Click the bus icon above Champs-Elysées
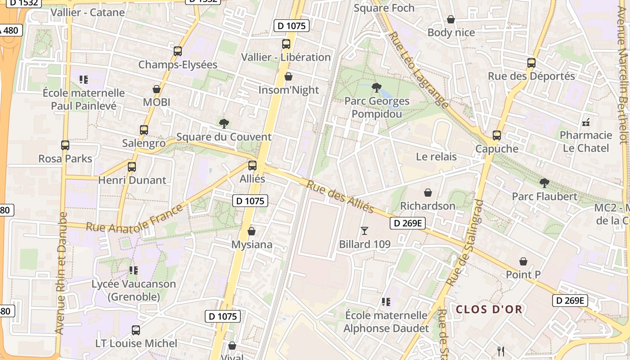click(x=178, y=51)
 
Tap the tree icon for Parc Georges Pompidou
click(x=377, y=87)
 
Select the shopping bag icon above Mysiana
click(x=252, y=231)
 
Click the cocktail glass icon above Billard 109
click(x=364, y=231)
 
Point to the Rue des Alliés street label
click(x=340, y=197)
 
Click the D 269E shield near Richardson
click(x=407, y=223)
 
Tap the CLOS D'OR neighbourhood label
click(x=489, y=310)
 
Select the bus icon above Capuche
click(x=497, y=135)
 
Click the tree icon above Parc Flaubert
click(x=544, y=183)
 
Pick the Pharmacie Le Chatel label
click(x=586, y=141)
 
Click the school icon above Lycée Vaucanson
click(x=133, y=270)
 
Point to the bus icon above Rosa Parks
click(x=65, y=145)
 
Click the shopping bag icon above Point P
click(x=523, y=261)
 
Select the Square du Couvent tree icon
click(x=224, y=123)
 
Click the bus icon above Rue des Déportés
click(x=531, y=63)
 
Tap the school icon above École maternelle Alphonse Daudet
click(x=386, y=301)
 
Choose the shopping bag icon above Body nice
click(x=451, y=19)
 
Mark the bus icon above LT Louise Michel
click(x=136, y=330)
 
